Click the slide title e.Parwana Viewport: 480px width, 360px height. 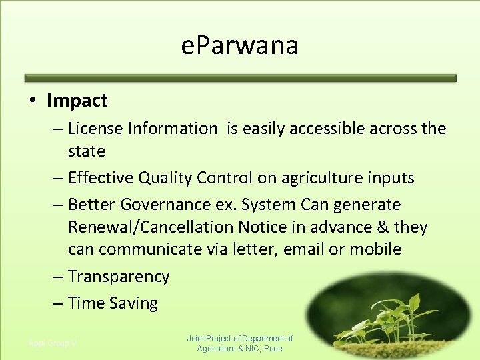pyautogui.click(x=240, y=46)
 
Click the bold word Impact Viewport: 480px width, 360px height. pyautogui.click(x=77, y=101)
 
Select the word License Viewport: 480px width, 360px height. pyautogui.click(x=93, y=129)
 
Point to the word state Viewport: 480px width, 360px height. pyautogui.click(x=87, y=151)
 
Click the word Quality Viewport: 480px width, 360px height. pyautogui.click(x=164, y=178)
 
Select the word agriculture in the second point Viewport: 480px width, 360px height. pyautogui.click(x=315, y=178)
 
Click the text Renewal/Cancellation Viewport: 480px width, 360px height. pyautogui.click(x=151, y=227)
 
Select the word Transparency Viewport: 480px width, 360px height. pyautogui.click(x=119, y=277)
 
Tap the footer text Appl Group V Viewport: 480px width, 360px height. pyautogui.click(x=52, y=343)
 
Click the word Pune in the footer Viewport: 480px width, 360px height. pyautogui.click(x=273, y=349)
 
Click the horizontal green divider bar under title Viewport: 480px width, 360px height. pyautogui.click(x=240, y=78)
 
